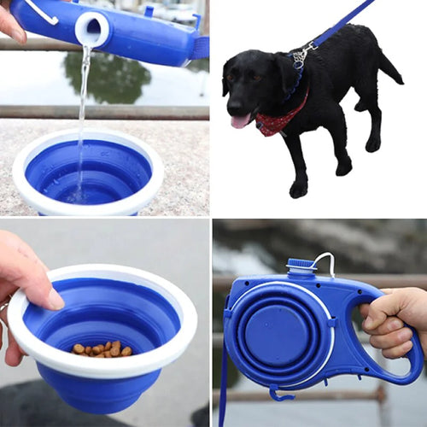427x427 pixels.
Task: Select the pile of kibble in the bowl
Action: (102, 348)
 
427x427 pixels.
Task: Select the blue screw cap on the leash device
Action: (301, 266)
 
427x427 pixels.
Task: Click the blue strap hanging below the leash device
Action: (224, 384)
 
